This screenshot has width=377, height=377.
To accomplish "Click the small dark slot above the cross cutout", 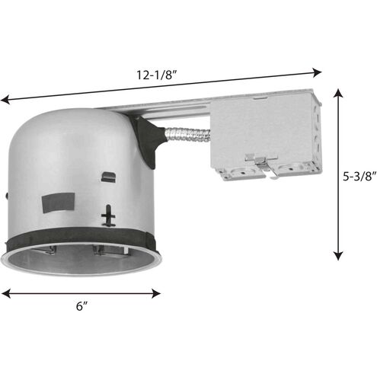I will tap(108, 178).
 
